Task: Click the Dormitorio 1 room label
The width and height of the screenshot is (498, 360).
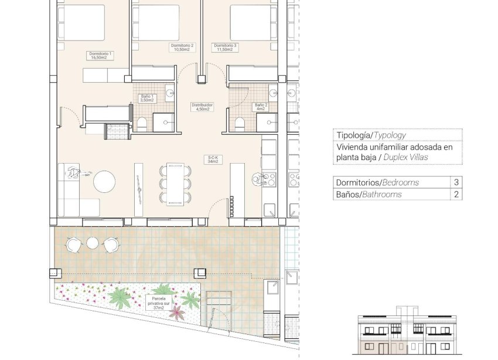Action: [100, 56]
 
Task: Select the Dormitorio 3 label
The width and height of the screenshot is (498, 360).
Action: [226, 47]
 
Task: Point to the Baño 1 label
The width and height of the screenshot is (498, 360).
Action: [146, 98]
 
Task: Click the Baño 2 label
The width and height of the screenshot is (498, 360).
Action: [260, 107]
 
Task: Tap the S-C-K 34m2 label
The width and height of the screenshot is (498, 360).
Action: [212, 159]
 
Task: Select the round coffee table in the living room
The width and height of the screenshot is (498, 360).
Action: [106, 181]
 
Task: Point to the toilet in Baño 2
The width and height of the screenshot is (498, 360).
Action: [239, 123]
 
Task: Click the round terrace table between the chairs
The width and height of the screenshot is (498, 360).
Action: [92, 243]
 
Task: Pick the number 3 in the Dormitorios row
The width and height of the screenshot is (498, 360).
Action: [455, 182]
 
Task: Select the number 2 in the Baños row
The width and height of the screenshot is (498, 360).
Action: [455, 194]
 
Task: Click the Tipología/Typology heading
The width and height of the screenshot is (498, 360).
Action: [370, 135]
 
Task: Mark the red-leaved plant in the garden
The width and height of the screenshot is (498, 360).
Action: [175, 312]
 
